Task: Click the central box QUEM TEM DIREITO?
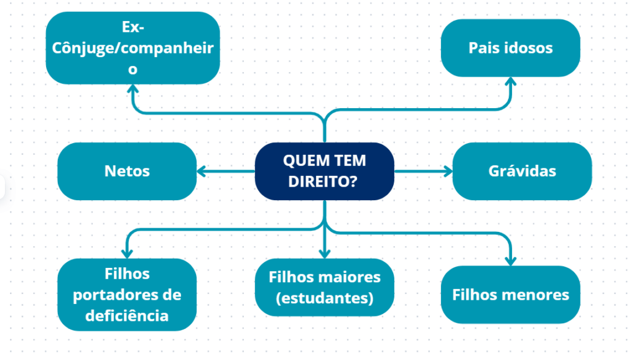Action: click(324, 171)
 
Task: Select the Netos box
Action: click(127, 171)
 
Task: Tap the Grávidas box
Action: click(522, 171)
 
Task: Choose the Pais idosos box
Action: click(510, 48)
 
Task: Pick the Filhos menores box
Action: click(510, 295)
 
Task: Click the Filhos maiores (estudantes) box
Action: click(324, 287)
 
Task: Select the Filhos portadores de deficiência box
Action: click(127, 295)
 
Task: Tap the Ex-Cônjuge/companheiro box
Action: click(133, 48)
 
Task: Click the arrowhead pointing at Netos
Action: click(202, 171)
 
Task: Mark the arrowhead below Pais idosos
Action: click(510, 82)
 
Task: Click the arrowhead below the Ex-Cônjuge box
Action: click(133, 88)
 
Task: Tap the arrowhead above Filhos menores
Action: click(510, 261)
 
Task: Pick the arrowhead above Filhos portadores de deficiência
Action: click(127, 253)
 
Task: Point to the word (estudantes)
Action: click(324, 298)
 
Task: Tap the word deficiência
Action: click(127, 315)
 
